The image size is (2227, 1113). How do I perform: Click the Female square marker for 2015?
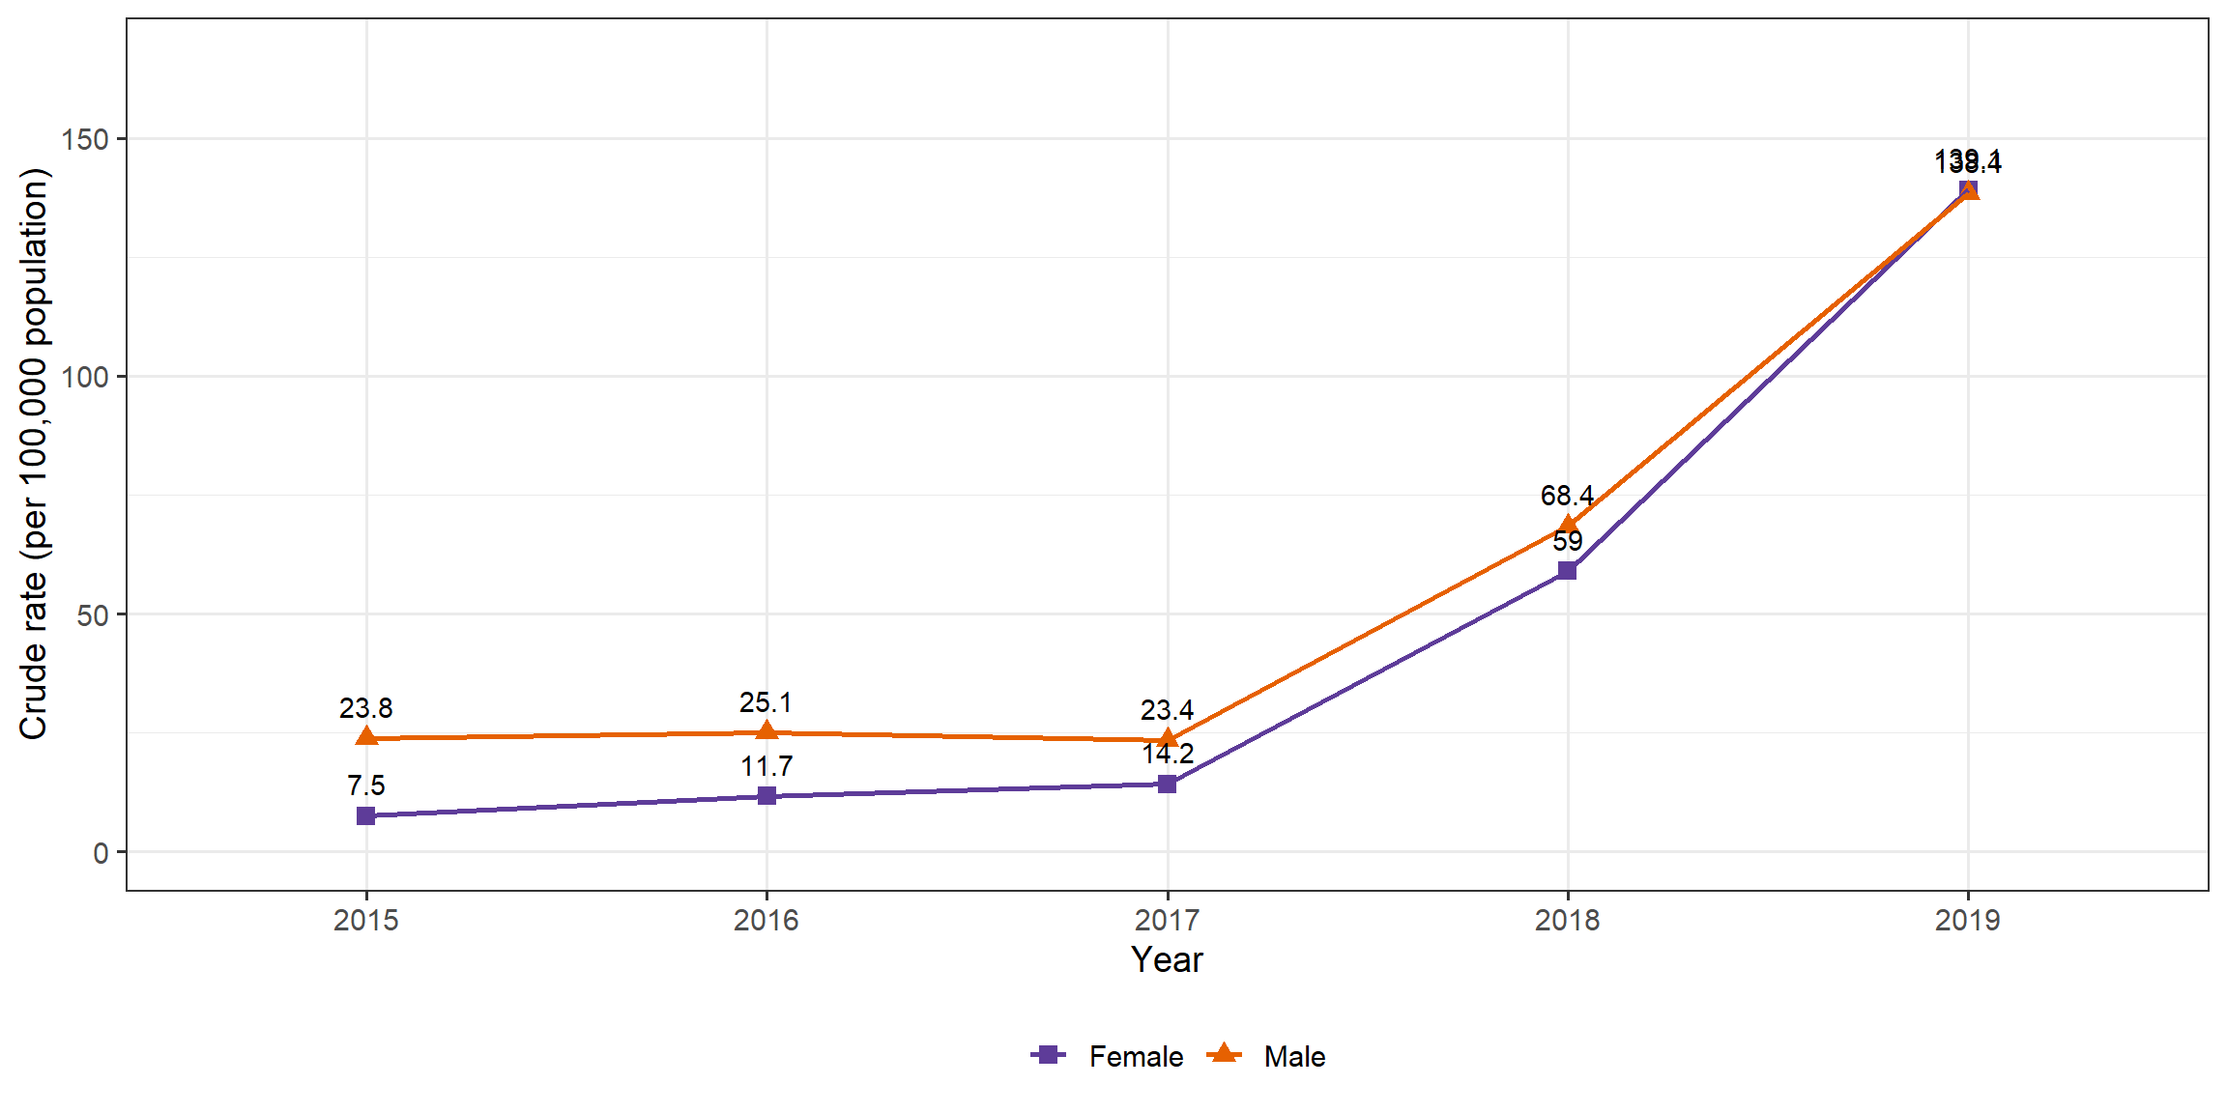(x=365, y=816)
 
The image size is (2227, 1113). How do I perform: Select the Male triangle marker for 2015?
(x=365, y=737)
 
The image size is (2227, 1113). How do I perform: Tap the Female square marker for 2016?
(x=766, y=796)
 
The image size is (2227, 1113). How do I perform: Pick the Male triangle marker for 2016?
(x=766, y=730)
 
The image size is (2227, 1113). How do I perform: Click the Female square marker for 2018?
(x=1567, y=571)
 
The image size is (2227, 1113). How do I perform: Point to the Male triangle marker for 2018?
(x=1567, y=527)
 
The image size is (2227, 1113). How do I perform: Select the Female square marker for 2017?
(x=1167, y=784)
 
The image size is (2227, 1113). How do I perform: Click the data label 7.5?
(x=365, y=785)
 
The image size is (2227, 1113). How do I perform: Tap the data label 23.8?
(x=365, y=708)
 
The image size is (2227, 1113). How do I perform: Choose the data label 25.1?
(x=766, y=702)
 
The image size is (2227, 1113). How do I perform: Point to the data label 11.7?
(x=766, y=766)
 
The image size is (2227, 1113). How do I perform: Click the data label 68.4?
(x=1567, y=496)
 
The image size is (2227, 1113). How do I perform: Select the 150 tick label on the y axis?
(x=85, y=139)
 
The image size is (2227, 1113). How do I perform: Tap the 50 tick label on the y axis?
(x=93, y=615)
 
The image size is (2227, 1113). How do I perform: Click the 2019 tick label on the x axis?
(x=1967, y=920)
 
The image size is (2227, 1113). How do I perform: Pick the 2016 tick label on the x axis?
(x=766, y=920)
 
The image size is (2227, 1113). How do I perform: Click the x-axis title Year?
(x=1167, y=959)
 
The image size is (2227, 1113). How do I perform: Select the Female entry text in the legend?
(x=1136, y=1056)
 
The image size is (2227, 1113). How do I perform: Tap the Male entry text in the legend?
(x=1294, y=1056)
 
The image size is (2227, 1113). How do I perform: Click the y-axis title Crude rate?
(x=34, y=454)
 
